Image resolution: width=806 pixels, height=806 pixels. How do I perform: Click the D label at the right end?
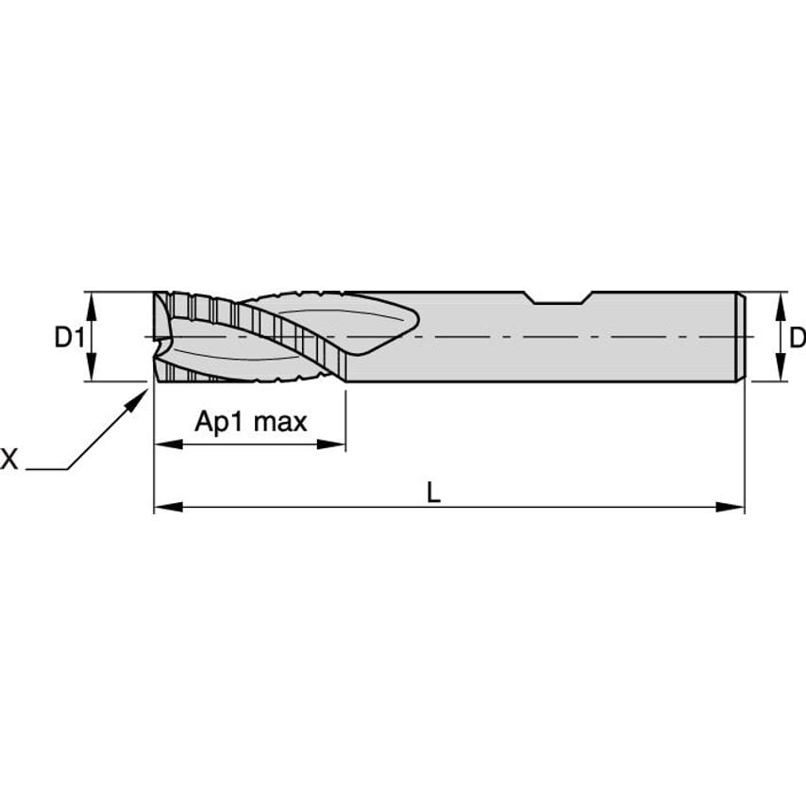pos(797,337)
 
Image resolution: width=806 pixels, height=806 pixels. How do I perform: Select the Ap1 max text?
pos(251,422)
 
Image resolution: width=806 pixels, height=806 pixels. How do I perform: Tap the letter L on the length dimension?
pos(433,492)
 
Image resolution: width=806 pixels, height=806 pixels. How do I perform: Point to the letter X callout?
pos(9,460)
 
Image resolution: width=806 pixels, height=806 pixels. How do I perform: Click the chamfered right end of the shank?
pos(741,337)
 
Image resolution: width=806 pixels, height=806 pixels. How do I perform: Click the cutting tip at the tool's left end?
pos(160,337)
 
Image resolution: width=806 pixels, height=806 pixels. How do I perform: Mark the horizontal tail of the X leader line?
pos(45,469)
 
